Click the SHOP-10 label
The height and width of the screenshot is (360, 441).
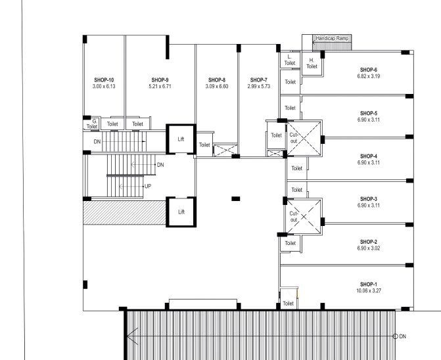[x=104, y=80]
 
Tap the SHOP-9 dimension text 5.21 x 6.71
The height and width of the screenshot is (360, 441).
[x=160, y=86]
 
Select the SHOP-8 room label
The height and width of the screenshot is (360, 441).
[x=217, y=80]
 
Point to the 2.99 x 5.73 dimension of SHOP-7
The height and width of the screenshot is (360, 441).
[x=259, y=86]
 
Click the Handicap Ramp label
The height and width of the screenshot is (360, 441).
[x=332, y=38]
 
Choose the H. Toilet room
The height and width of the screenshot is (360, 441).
[x=312, y=64]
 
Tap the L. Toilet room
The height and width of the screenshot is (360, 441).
[x=290, y=60]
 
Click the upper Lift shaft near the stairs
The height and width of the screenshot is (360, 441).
[x=181, y=139]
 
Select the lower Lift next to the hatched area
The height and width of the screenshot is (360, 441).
[x=181, y=212]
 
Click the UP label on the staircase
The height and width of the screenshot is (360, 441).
[x=148, y=187]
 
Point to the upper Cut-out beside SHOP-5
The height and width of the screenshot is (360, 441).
[x=304, y=138]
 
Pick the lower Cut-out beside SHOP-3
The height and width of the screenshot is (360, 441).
[x=304, y=216]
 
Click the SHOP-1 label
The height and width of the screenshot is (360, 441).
[x=369, y=284]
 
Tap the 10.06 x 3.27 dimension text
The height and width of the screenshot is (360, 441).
[x=369, y=290]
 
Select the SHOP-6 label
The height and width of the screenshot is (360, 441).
[x=369, y=70]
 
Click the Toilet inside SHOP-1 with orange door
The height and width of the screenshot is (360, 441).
[x=289, y=300]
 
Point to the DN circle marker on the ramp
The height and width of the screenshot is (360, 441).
[x=395, y=336]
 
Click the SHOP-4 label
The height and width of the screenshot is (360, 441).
[x=369, y=156]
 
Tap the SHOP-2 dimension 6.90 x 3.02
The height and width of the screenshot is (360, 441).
[x=369, y=248]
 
